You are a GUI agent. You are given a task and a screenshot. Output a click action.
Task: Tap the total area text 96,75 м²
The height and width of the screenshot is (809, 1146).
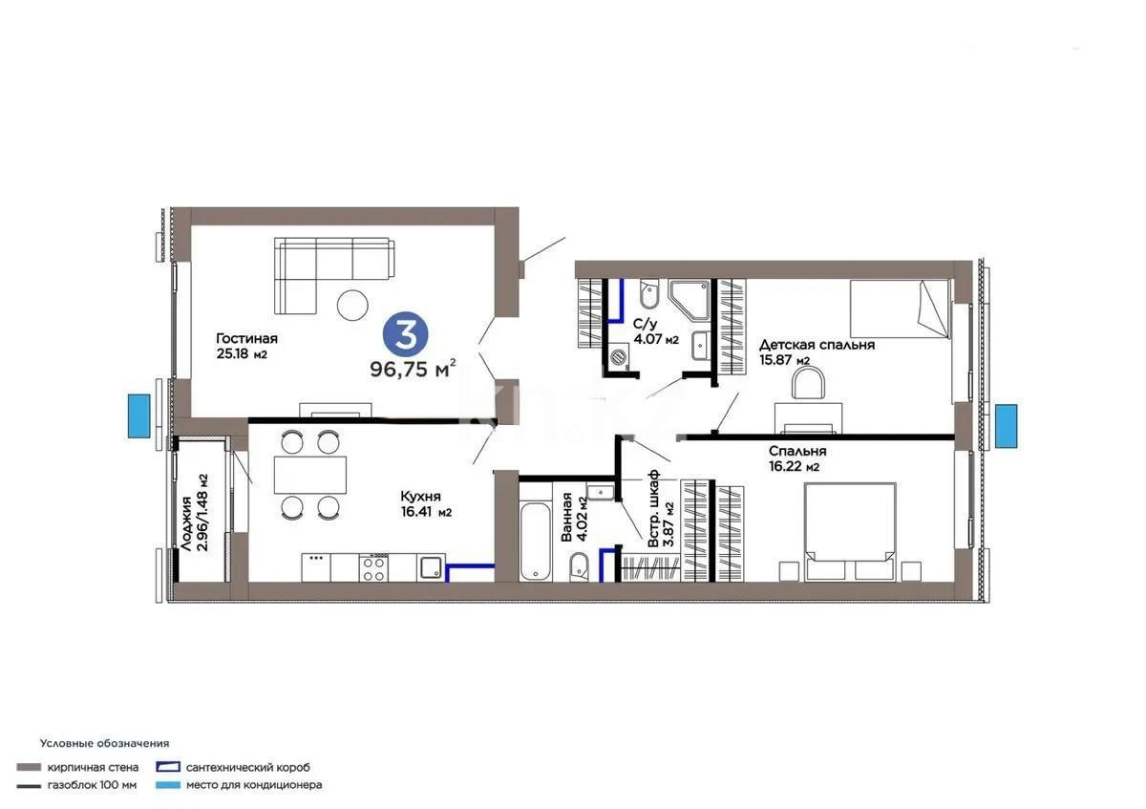pyautogui.click(x=413, y=369)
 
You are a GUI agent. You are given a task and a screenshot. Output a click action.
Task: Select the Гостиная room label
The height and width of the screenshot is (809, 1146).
pyautogui.click(x=246, y=338)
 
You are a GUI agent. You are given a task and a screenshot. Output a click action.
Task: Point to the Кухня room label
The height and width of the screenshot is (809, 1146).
pyautogui.click(x=420, y=497)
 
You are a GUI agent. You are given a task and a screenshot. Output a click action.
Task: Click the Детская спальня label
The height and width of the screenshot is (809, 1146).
pyautogui.click(x=817, y=345)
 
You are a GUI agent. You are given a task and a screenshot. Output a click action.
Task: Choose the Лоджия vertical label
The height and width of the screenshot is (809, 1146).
pyautogui.click(x=187, y=512)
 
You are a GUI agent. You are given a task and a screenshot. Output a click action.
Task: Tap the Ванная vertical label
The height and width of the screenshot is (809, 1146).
pyautogui.click(x=567, y=518)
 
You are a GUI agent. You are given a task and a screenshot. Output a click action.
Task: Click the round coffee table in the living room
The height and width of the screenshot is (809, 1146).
pyautogui.click(x=352, y=305)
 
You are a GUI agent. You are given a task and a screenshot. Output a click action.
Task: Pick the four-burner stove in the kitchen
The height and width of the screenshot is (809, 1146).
pyautogui.click(x=372, y=567)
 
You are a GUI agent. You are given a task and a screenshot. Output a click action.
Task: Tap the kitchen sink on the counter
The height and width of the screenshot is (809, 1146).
pyautogui.click(x=432, y=566)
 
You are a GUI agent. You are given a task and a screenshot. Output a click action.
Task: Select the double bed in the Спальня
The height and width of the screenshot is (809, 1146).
pyautogui.click(x=849, y=530)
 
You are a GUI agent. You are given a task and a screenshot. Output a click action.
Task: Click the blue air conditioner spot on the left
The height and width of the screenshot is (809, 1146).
pyautogui.click(x=139, y=416)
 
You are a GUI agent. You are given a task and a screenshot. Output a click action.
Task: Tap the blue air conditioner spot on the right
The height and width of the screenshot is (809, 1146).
pyautogui.click(x=1006, y=426)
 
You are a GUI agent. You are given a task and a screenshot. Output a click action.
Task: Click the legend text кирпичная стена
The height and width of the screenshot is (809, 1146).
pyautogui.click(x=94, y=767)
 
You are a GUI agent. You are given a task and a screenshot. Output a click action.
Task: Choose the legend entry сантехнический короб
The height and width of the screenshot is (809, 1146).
pyautogui.click(x=247, y=767)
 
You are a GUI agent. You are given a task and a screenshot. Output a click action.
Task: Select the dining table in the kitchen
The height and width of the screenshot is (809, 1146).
pyautogui.click(x=310, y=474)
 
